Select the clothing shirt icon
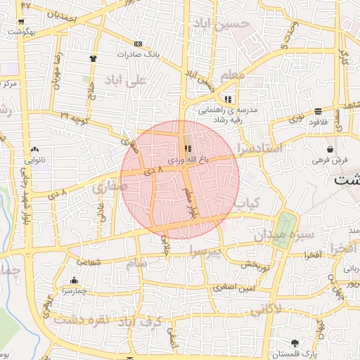point(94,58)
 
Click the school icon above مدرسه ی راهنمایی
point(228,98)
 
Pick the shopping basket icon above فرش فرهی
point(330,149)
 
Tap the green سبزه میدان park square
point(283,229)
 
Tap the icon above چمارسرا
point(75,280)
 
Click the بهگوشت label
point(24,32)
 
